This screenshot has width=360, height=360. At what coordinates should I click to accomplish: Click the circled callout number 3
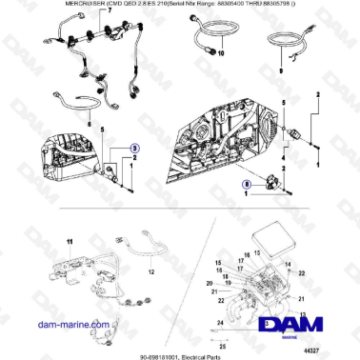tap(134, 150)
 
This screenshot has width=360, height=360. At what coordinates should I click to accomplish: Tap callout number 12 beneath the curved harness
tap(150, 270)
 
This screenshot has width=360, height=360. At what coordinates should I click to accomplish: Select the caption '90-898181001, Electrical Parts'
tap(179, 351)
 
